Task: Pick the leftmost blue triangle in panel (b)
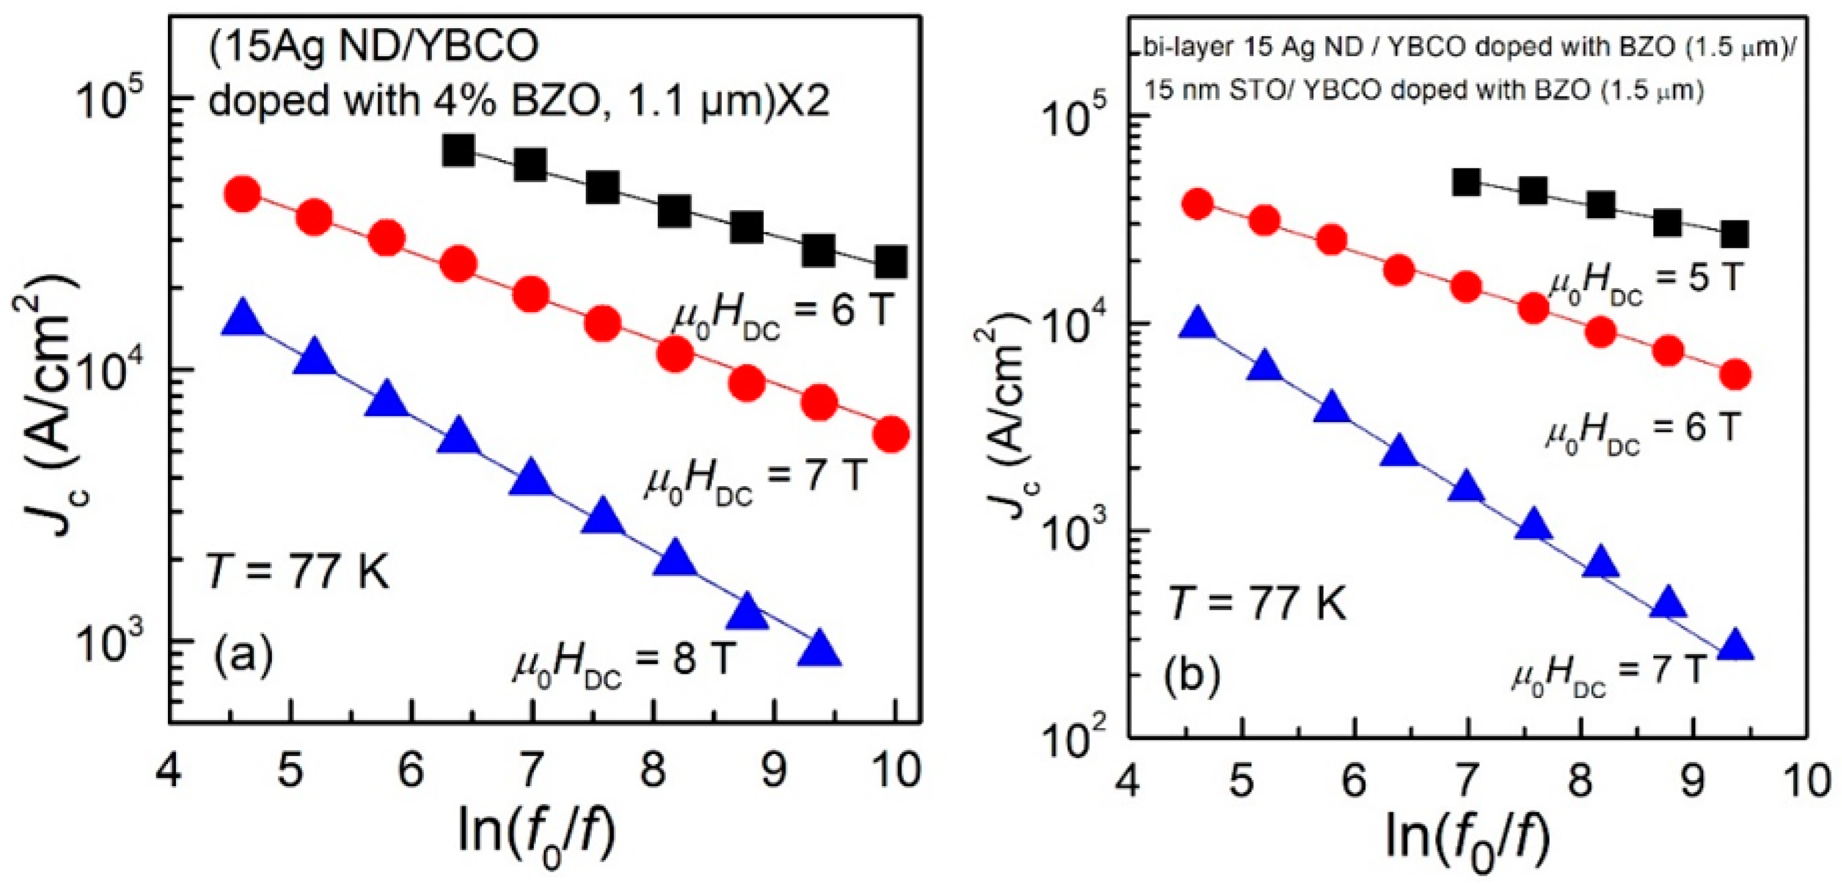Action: tap(1198, 326)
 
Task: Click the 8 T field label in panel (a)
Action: tap(624, 662)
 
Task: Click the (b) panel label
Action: tap(1192, 676)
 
